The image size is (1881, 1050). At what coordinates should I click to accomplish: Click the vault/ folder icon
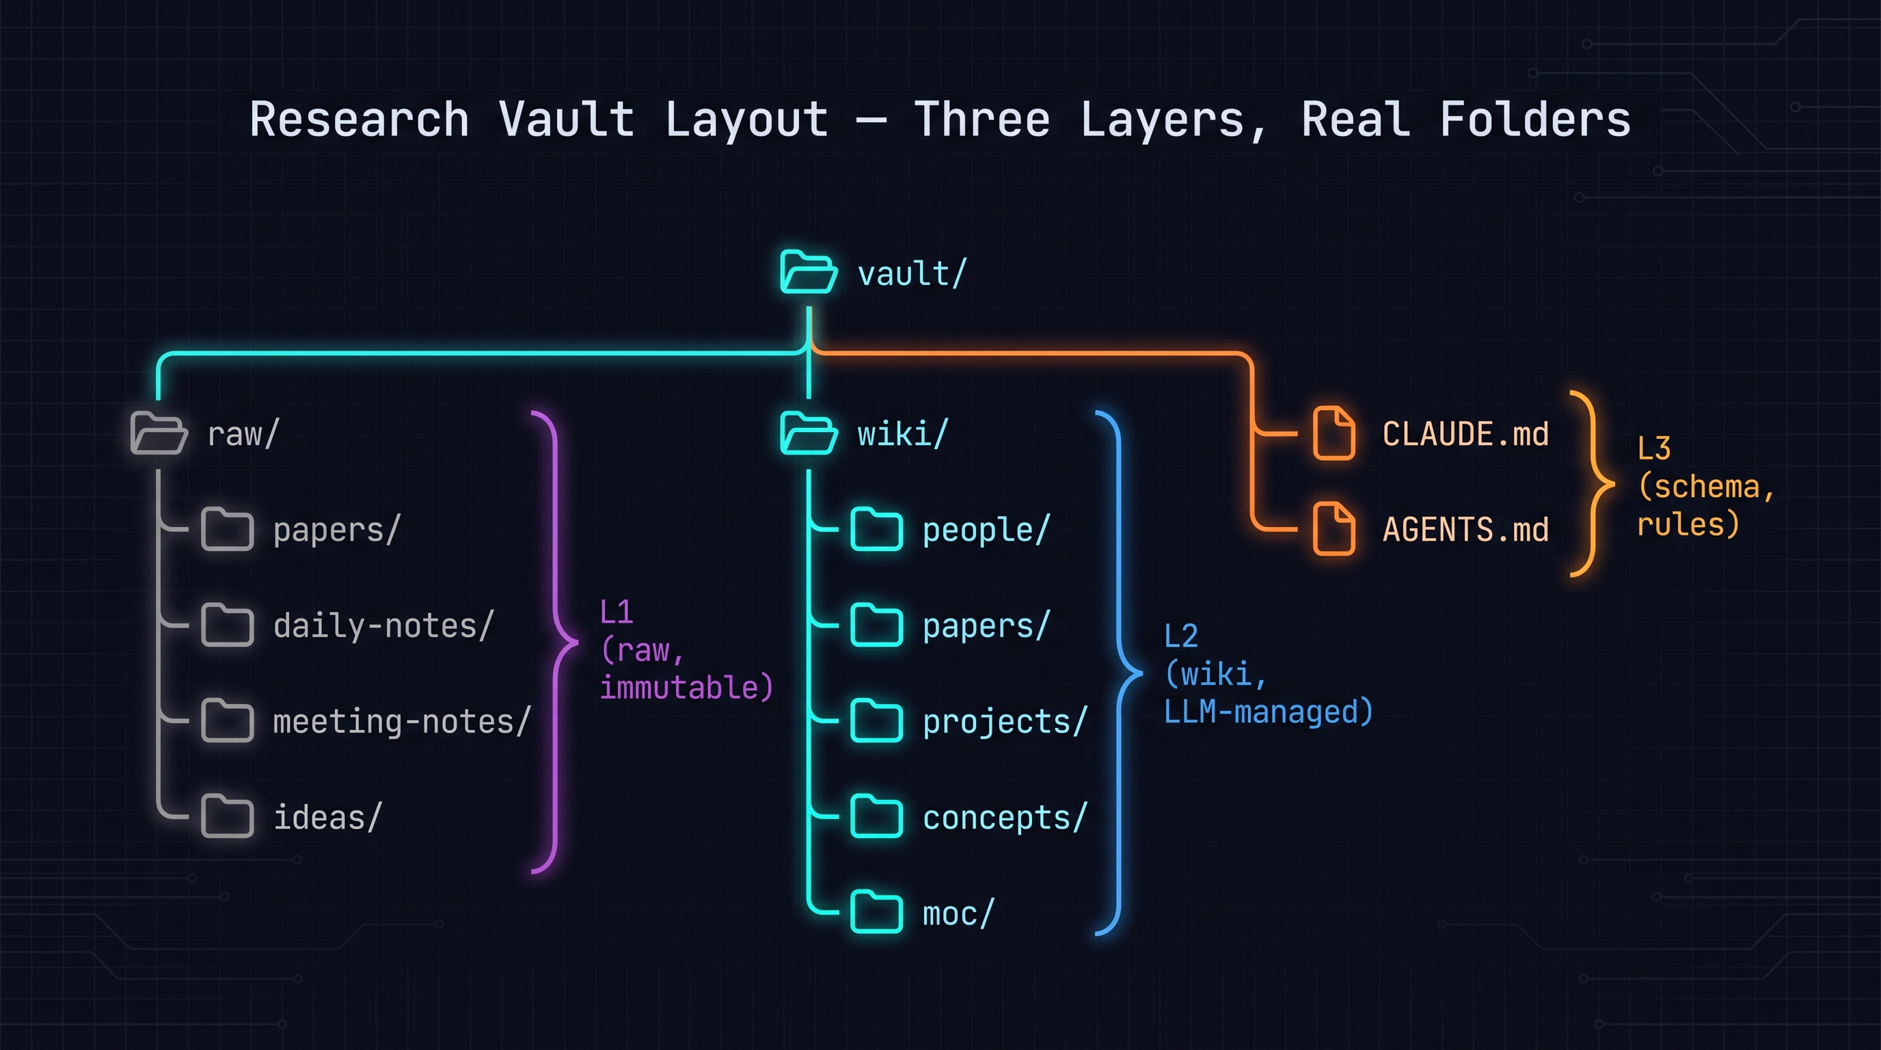(x=808, y=271)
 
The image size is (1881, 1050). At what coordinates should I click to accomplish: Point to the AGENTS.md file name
(x=1465, y=529)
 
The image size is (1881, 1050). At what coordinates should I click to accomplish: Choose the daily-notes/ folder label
(x=383, y=625)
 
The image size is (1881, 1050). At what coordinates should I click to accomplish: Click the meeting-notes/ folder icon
(x=227, y=721)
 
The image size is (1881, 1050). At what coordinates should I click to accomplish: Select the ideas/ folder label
(x=328, y=817)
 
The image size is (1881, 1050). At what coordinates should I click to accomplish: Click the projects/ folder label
(x=1005, y=721)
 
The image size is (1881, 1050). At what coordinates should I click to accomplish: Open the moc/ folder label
(x=958, y=913)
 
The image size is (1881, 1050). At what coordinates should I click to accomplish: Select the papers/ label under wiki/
(x=986, y=625)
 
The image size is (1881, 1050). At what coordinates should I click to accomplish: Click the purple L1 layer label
(x=617, y=612)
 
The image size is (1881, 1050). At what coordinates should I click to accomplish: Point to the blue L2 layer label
(x=1180, y=636)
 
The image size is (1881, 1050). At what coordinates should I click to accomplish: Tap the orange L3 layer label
(x=1653, y=448)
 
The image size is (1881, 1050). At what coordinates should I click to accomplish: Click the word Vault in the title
(x=566, y=120)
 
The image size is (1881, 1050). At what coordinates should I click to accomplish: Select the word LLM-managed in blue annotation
(x=1268, y=712)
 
